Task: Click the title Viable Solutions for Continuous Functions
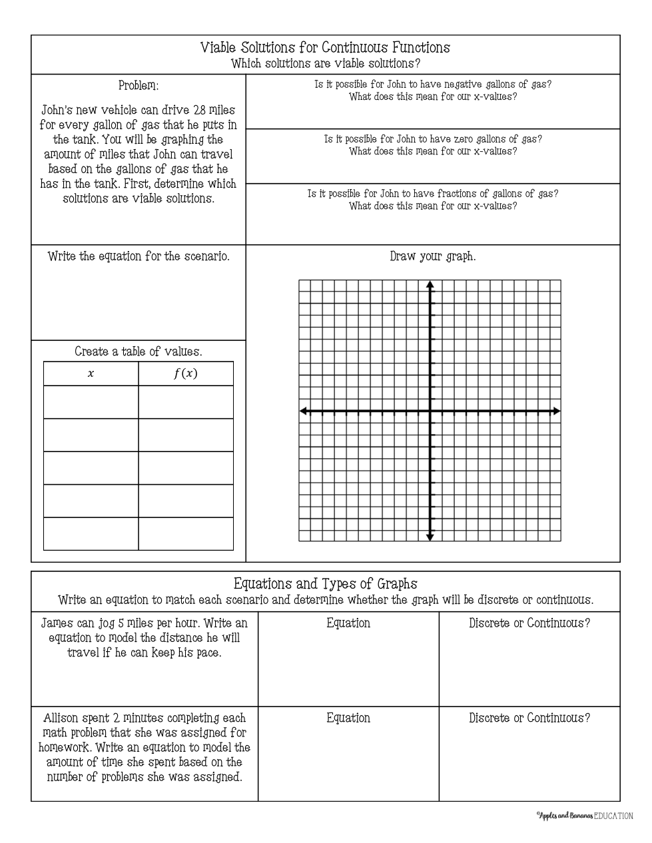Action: [325, 47]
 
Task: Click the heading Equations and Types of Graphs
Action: [325, 584]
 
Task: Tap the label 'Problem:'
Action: [139, 86]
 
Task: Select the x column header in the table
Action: [91, 374]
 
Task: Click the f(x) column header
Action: [186, 374]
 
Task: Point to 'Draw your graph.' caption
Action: [433, 256]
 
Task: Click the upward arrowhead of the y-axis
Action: [430, 285]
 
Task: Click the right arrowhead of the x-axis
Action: [557, 412]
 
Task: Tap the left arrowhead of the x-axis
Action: [304, 412]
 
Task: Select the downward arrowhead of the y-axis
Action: [430, 537]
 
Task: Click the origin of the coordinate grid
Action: [430, 412]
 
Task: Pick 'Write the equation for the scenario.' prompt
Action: [139, 256]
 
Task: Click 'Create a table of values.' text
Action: [139, 352]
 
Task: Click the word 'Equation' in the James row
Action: [348, 623]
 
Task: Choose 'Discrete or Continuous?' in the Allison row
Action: [529, 718]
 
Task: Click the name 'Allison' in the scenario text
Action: [61, 718]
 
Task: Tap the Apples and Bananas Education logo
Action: [584, 816]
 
